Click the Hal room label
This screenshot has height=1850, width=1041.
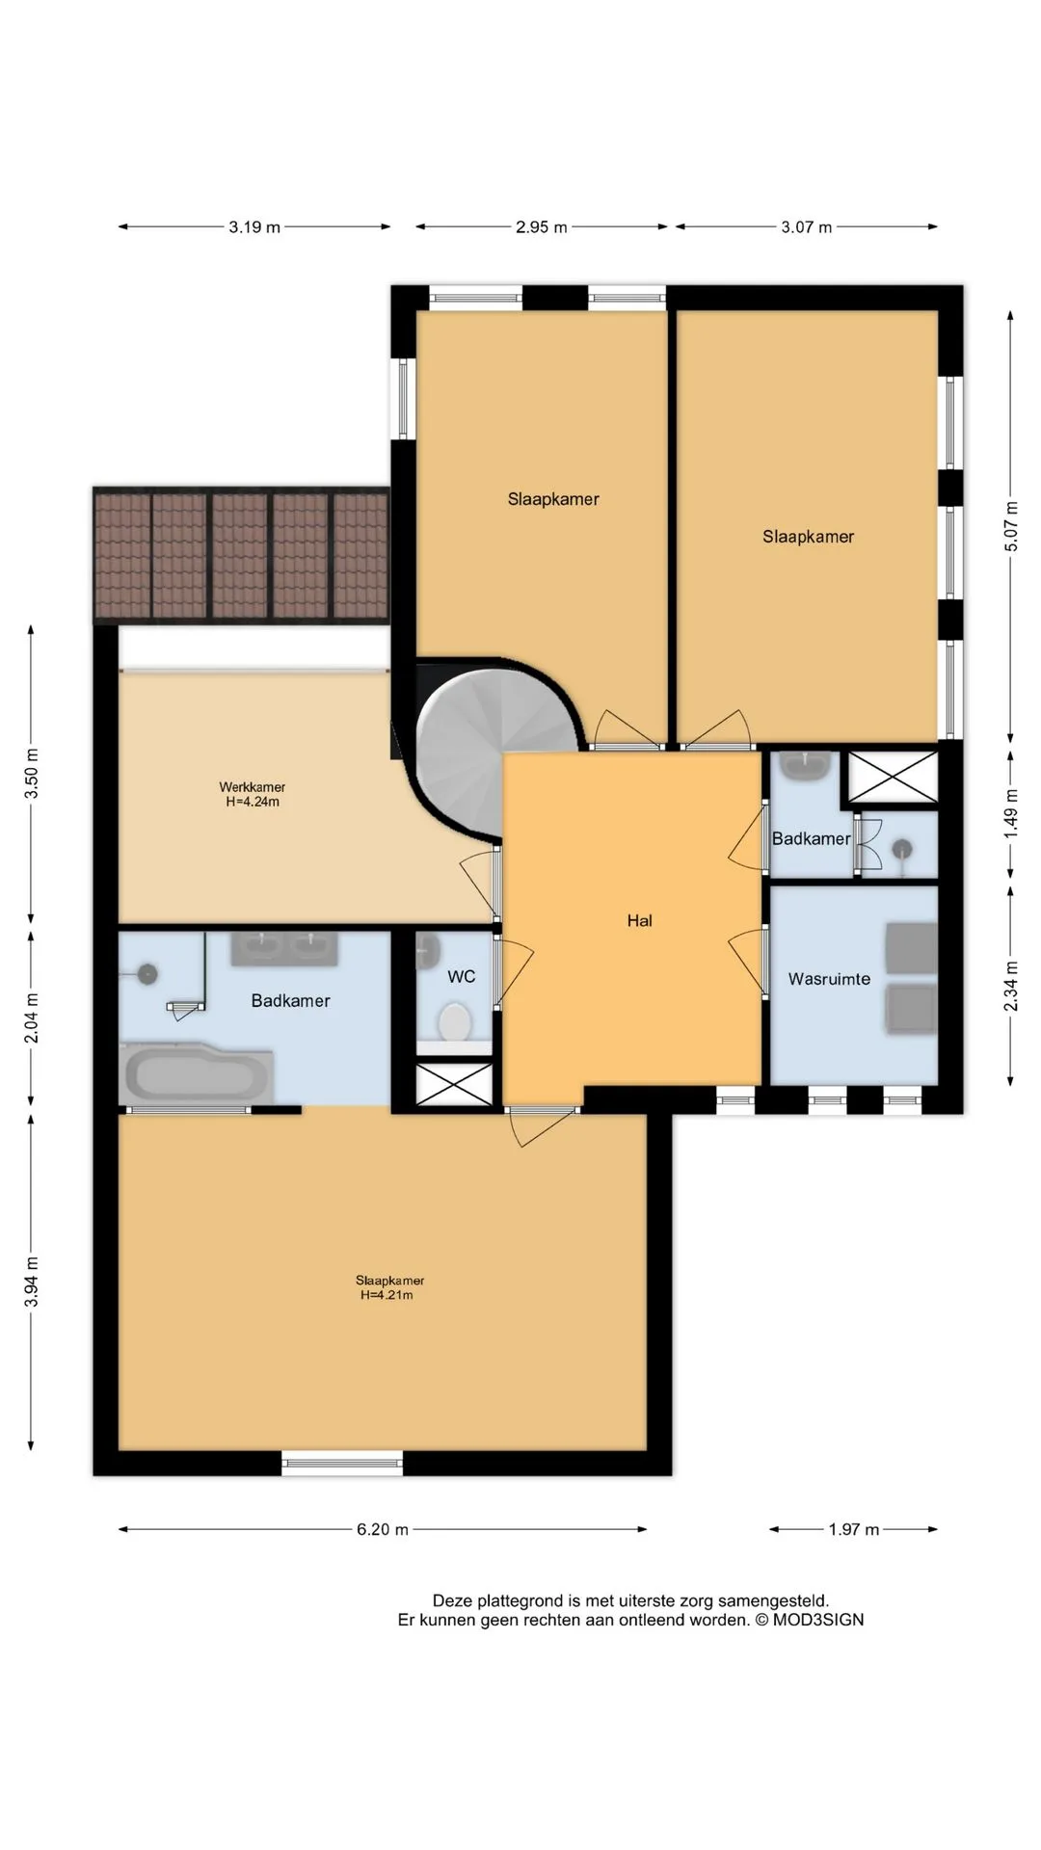pyautogui.click(x=639, y=920)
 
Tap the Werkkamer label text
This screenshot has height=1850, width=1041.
pyautogui.click(x=253, y=787)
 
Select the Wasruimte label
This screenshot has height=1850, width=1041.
pyautogui.click(x=829, y=979)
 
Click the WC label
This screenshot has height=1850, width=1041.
pyautogui.click(x=462, y=976)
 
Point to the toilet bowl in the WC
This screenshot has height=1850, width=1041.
pyautogui.click(x=453, y=1021)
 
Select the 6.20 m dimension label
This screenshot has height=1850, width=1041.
pyautogui.click(x=383, y=1529)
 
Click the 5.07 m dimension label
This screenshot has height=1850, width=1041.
pyautogui.click(x=1010, y=526)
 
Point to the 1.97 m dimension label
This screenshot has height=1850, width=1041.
pyautogui.click(x=854, y=1529)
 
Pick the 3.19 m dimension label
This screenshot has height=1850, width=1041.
pyautogui.click(x=254, y=227)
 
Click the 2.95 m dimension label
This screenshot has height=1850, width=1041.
pyautogui.click(x=542, y=227)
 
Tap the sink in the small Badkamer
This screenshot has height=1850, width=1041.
pyautogui.click(x=806, y=767)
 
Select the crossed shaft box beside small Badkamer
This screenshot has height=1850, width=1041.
pyautogui.click(x=892, y=777)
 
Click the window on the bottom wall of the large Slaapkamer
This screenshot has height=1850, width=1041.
pyautogui.click(x=342, y=1463)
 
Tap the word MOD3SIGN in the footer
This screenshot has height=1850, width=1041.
pyautogui.click(x=818, y=1620)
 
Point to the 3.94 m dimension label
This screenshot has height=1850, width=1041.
pyautogui.click(x=32, y=1282)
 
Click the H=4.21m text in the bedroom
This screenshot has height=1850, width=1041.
pyautogui.click(x=387, y=1295)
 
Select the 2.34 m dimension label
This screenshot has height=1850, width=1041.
pyautogui.click(x=1010, y=987)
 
